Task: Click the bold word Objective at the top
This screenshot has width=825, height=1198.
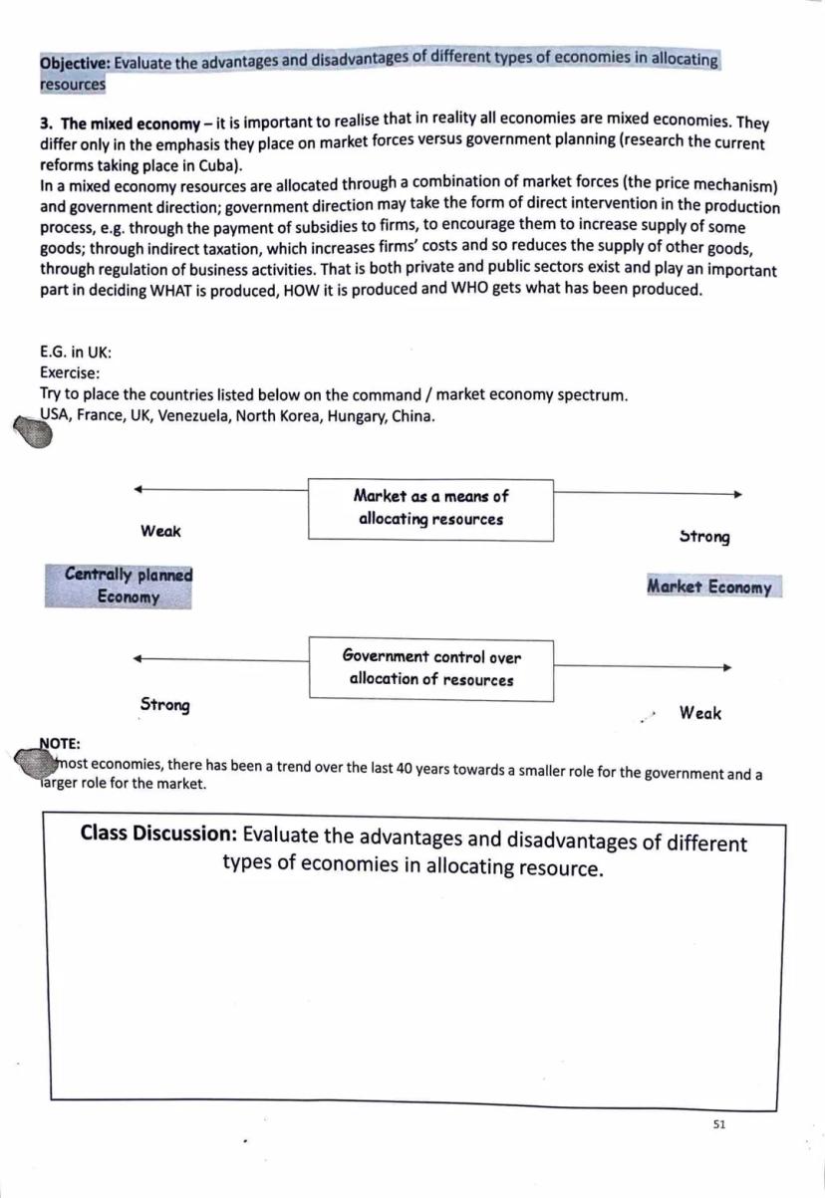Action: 75,64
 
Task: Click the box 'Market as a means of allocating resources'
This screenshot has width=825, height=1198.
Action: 430,509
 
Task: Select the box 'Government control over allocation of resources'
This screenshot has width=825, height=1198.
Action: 430,668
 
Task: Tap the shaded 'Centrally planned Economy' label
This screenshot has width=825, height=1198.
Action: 119,587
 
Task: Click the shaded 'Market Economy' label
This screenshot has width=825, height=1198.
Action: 709,588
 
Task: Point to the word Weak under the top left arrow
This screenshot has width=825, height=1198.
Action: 160,532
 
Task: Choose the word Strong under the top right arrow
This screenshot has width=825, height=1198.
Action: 704,538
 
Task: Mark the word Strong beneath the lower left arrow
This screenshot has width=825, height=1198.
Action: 164,705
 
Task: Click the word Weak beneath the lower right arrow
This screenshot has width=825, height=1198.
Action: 699,713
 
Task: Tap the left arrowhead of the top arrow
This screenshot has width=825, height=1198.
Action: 137,488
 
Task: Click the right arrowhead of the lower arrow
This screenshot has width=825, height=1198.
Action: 728,668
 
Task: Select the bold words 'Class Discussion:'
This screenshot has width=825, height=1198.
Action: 157,834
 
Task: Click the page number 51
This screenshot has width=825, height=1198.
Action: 719,1124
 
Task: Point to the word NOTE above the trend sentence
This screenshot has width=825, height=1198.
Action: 60,743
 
